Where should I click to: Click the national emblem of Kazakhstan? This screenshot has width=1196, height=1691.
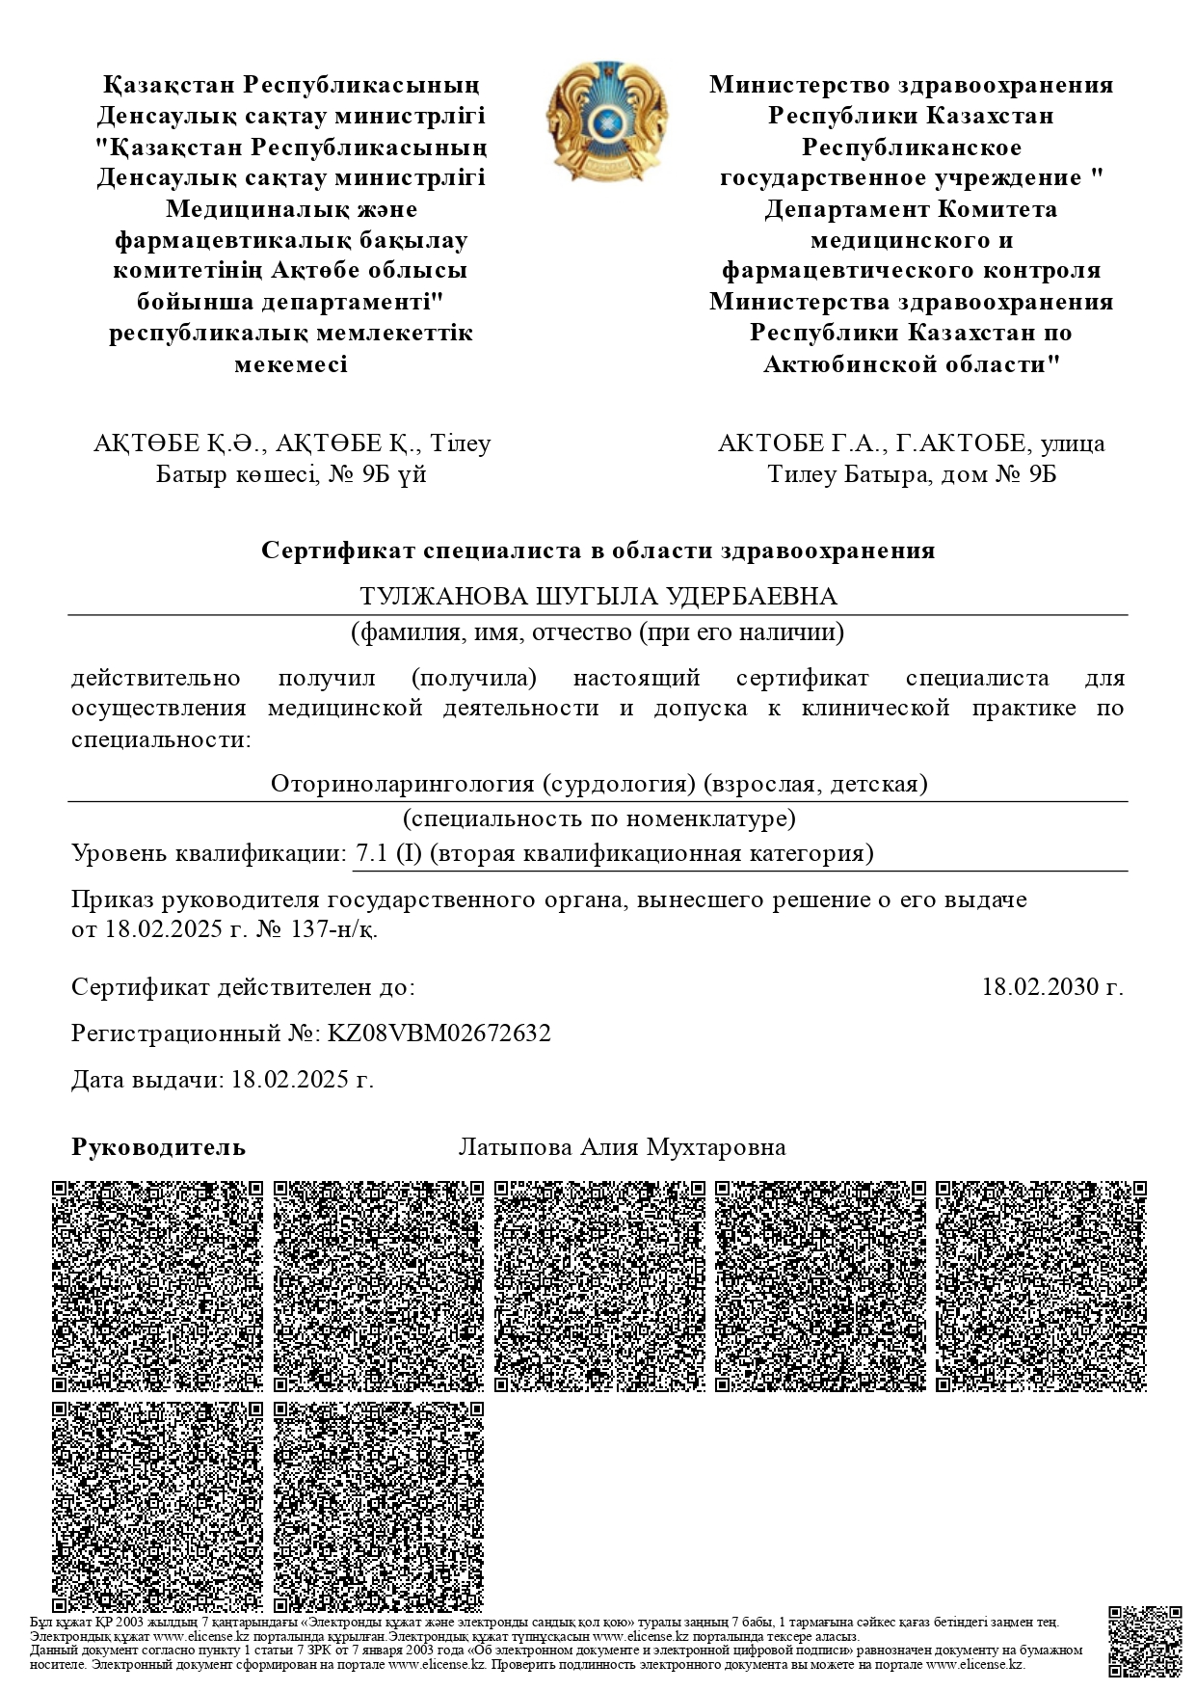tap(606, 122)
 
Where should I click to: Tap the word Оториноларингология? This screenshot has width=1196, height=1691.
tap(402, 783)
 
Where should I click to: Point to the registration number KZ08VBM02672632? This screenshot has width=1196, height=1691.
tap(439, 1033)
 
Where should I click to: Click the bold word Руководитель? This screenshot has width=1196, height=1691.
tap(159, 1147)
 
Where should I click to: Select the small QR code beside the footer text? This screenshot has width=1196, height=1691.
tap(1145, 1642)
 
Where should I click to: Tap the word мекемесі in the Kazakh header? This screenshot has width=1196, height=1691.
tap(291, 364)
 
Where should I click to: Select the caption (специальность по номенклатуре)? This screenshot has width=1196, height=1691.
tap(598, 819)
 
